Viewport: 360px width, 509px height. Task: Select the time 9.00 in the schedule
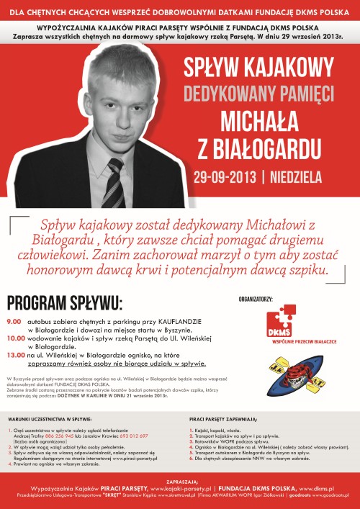point(14,321)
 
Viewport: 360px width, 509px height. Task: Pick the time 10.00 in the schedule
point(15,337)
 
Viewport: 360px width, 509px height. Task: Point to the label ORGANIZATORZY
point(256,297)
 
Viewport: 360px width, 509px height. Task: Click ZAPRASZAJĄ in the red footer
point(180,477)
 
